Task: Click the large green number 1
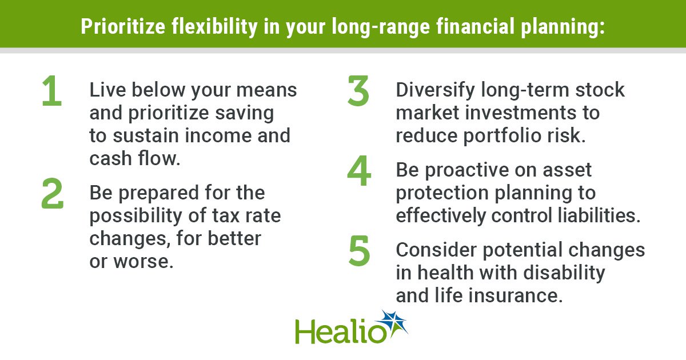[52, 91]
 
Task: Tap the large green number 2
[53, 194]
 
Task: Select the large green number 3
[358, 91]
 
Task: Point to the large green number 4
[359, 171]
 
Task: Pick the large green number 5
[359, 251]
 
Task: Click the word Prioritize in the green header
[123, 26]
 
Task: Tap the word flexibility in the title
[214, 27]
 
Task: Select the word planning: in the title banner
[563, 27]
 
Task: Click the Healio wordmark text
[340, 331]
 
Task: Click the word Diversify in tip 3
[436, 90]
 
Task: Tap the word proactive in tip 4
[467, 170]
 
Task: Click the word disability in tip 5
[564, 273]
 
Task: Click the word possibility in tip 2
[136, 216]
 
